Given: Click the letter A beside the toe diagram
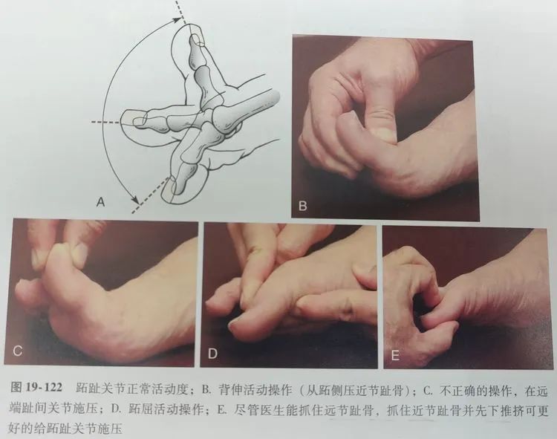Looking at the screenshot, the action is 101,202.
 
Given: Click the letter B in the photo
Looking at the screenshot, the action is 303,206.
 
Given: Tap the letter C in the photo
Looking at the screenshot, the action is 17,351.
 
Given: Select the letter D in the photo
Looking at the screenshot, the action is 212,354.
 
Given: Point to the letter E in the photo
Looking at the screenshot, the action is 395,356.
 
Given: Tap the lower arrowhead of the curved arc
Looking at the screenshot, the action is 135,201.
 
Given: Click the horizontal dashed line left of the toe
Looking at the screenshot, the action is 106,122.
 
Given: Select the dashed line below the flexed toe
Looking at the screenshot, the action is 149,195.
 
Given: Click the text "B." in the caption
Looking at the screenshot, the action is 206,390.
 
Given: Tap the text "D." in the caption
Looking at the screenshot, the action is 116,409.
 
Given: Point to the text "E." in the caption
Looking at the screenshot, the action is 221,410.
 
